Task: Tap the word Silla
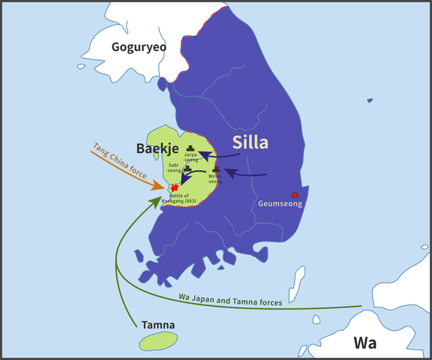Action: [x=250, y=142]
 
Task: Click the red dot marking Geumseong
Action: [x=295, y=195]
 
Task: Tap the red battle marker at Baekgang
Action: [x=175, y=187]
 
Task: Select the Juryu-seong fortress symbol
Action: [x=191, y=148]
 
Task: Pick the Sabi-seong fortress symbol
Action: [x=187, y=169]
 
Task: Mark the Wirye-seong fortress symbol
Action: [x=216, y=170]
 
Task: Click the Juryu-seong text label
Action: [x=191, y=157]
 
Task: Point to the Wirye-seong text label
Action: [x=214, y=178]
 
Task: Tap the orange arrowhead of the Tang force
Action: [x=162, y=185]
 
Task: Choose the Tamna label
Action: [x=158, y=325]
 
